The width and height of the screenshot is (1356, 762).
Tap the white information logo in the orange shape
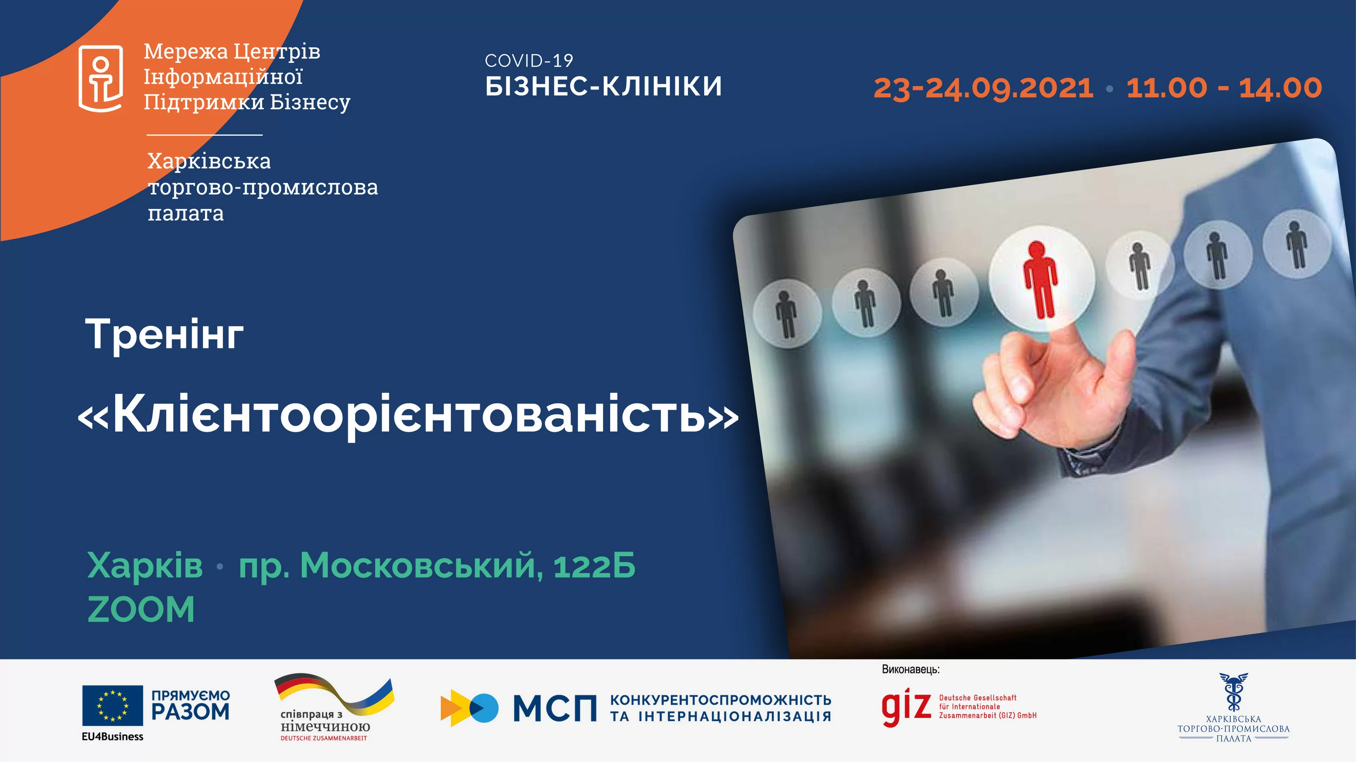tap(100, 79)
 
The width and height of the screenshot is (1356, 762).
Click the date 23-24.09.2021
tap(983, 88)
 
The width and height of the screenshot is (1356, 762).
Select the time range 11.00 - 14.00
tap(1224, 88)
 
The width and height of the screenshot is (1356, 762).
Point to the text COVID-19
tap(528, 61)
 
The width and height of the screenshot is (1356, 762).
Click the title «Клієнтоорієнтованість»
tap(408, 414)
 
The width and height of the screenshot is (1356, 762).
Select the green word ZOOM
tap(141, 609)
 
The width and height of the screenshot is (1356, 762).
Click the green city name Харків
tap(145, 566)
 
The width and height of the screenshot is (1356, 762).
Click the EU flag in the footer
tap(112, 705)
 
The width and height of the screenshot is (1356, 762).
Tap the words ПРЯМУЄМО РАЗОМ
tap(191, 705)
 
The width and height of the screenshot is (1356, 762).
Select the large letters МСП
tap(555, 708)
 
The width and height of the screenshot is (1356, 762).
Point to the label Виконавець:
tap(911, 669)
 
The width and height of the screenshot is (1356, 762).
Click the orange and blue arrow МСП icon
tap(469, 708)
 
